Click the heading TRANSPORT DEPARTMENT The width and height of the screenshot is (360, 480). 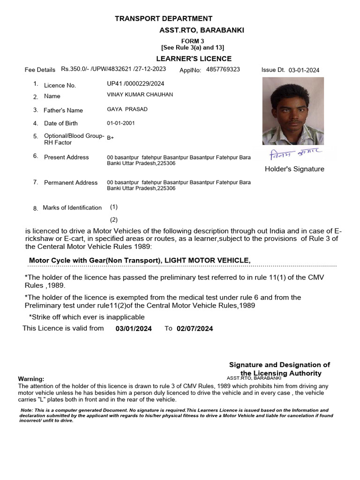click(164, 19)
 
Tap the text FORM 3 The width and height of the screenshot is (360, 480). click(193, 41)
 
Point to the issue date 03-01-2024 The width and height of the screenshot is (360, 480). click(304, 70)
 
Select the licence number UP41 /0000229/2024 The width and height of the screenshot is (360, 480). click(136, 83)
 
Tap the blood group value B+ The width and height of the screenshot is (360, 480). click(110, 138)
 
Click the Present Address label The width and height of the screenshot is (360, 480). click(66, 157)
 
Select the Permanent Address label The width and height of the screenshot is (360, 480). click(71, 183)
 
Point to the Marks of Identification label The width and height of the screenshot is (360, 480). click(72, 208)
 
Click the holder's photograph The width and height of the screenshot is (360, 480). click(293, 111)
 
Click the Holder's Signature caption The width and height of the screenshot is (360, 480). click(294, 169)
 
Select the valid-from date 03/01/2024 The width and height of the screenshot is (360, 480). click(134, 329)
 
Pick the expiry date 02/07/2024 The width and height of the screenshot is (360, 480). click(195, 329)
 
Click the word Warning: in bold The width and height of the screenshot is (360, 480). click(31, 379)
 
